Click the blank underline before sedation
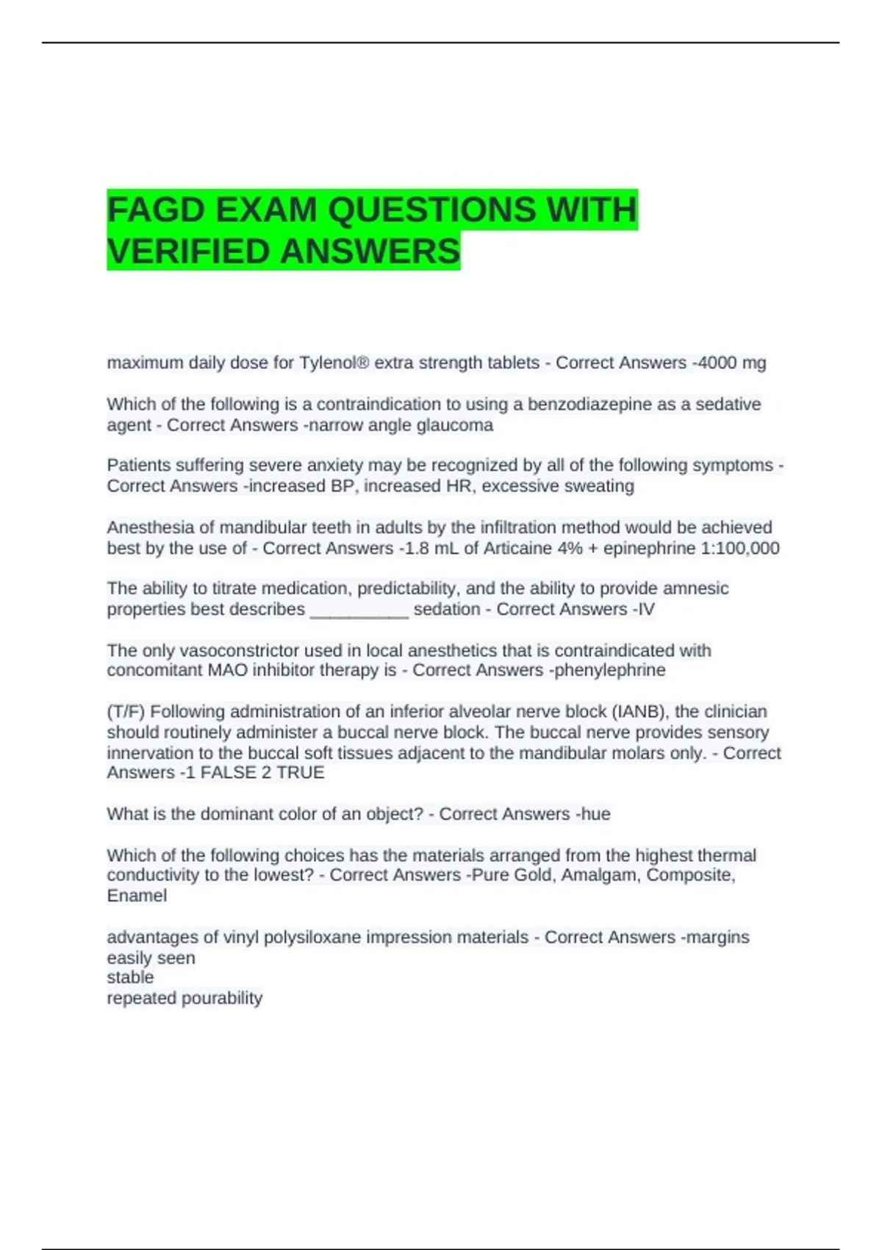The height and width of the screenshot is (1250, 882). coord(359,610)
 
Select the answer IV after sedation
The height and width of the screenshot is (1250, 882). coord(646,609)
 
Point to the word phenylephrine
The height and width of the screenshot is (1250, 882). coord(609,670)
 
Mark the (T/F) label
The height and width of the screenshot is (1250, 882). coord(126,711)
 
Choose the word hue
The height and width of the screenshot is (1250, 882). coord(595,814)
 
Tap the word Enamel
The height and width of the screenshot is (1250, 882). coord(137,896)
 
